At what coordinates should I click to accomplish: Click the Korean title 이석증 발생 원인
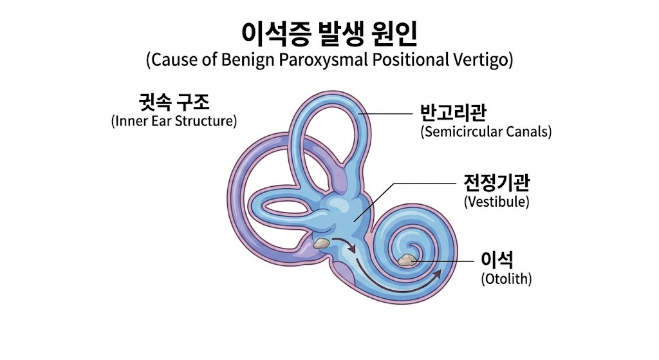coord(329,33)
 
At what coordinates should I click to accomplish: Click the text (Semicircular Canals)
coord(486,132)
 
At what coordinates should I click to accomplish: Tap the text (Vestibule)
coord(496,202)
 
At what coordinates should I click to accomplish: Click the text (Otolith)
coord(506,279)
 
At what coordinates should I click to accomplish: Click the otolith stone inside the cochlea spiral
coord(407,260)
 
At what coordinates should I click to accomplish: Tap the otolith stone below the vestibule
coord(320,243)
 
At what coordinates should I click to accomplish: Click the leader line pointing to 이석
coord(444,261)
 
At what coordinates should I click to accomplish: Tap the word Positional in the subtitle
coord(409,61)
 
